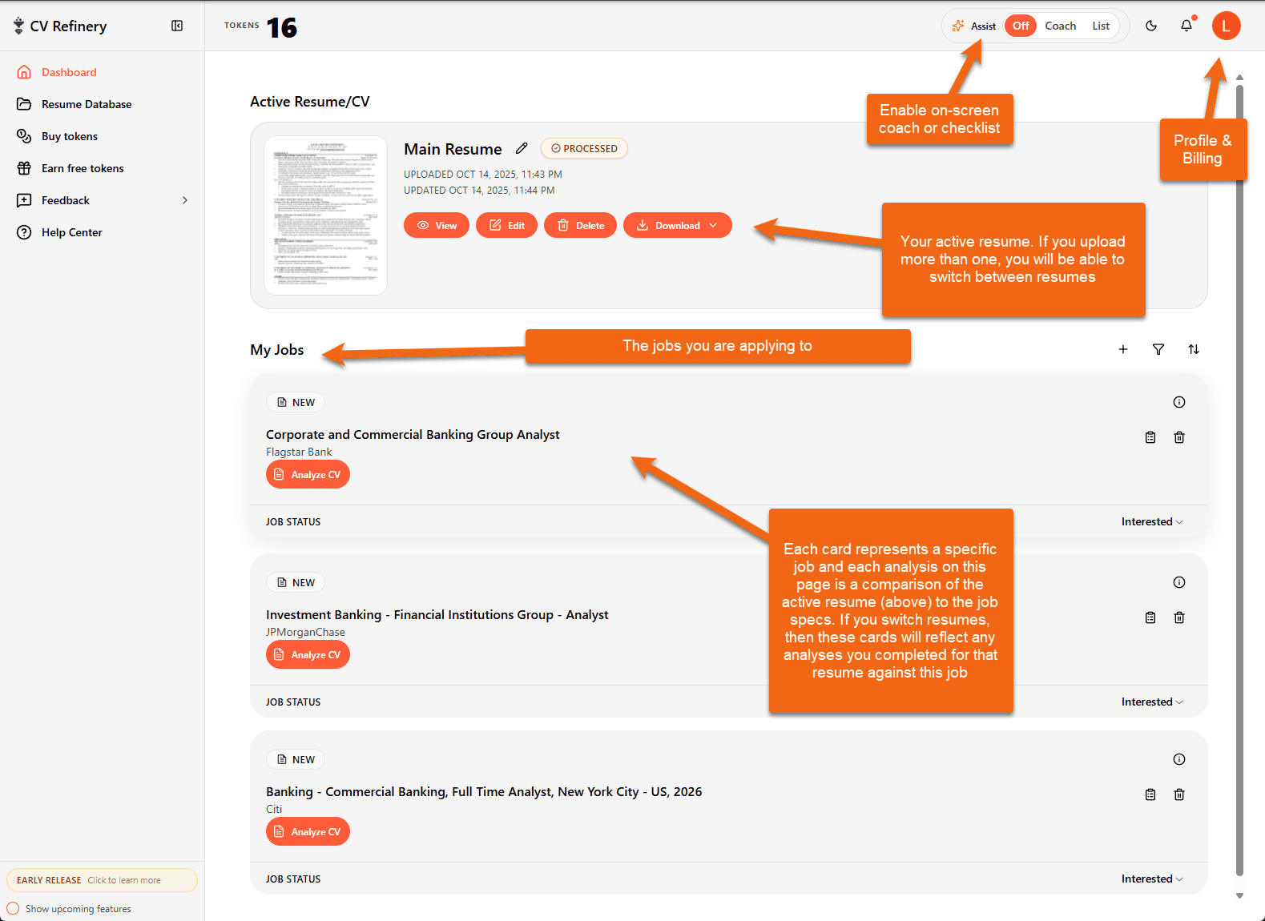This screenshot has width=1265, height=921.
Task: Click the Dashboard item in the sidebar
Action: pos(68,72)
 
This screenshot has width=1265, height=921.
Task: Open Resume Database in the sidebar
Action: pos(86,104)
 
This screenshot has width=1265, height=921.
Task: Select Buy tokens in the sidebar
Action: pos(69,136)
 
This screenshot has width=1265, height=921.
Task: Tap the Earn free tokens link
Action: pos(82,168)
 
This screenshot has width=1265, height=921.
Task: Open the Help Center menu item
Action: pos(71,232)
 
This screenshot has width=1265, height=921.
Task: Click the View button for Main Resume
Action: pos(437,226)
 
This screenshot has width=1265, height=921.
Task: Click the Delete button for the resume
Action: pos(581,226)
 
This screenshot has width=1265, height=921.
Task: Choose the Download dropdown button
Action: pos(678,226)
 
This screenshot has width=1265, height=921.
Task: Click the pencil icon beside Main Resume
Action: pos(522,148)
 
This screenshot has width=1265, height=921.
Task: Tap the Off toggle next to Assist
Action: pos(1021,26)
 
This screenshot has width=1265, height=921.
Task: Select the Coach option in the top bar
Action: pos(1060,26)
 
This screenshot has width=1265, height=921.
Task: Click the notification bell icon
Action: pos(1186,26)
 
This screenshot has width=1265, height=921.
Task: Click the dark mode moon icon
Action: pos(1151,26)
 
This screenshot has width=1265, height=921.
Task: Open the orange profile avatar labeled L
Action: pos(1226,26)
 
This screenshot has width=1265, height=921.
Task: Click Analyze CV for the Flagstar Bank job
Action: pos(308,475)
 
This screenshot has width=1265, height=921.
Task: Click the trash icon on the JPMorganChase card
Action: pos(1179,617)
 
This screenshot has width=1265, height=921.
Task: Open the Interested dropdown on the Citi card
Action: pos(1152,879)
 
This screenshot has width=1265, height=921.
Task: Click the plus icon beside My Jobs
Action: pos(1123,349)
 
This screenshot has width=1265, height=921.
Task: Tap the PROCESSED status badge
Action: pos(584,148)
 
